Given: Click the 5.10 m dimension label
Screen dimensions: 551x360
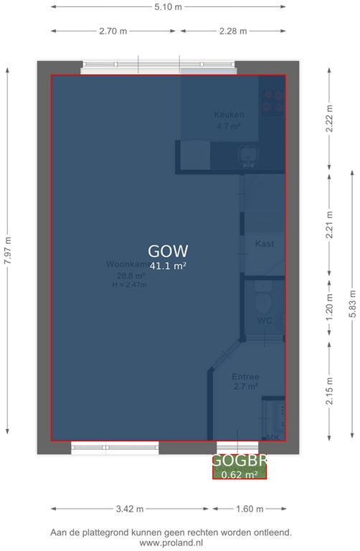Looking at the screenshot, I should [x=169, y=7].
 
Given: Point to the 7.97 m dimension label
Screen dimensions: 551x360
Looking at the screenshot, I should [x=8, y=251].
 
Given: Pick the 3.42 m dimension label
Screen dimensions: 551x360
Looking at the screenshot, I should [x=129, y=509].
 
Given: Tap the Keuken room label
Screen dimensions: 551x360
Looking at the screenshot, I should [x=229, y=115].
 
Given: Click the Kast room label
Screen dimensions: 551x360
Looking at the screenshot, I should [x=265, y=244].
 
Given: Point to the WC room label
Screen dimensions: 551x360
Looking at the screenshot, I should [x=265, y=321].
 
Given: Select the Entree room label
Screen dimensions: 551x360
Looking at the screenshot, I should [x=245, y=377].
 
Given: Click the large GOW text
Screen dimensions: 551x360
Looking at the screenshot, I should [x=168, y=251].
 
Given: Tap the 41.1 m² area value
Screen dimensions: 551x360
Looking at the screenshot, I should [x=168, y=266].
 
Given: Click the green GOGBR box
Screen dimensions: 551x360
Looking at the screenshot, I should [x=239, y=467].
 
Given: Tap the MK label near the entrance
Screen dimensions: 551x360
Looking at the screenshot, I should [x=273, y=437].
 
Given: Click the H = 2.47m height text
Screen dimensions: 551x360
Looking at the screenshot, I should [x=129, y=285].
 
